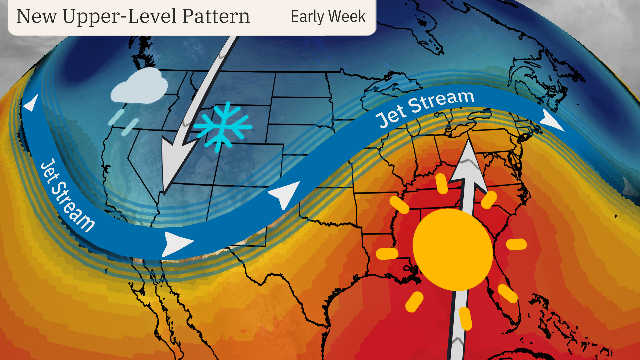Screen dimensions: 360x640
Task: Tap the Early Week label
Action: point(328,17)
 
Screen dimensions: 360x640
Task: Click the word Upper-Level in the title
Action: point(119,17)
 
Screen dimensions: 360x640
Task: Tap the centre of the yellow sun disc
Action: point(453,249)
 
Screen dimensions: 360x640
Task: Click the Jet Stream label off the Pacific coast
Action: point(67,195)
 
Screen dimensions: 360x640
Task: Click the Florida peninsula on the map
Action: point(507,300)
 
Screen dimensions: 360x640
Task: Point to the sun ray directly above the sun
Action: point(442,183)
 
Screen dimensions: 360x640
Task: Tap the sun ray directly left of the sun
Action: point(387,253)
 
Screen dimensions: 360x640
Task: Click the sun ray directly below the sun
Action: point(465,318)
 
